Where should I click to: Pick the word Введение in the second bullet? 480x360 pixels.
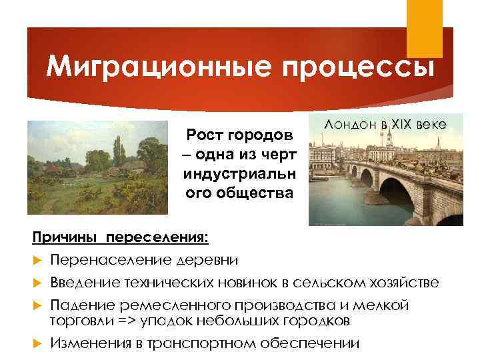[x=83, y=283]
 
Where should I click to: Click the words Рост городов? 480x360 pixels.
[x=240, y=136]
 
